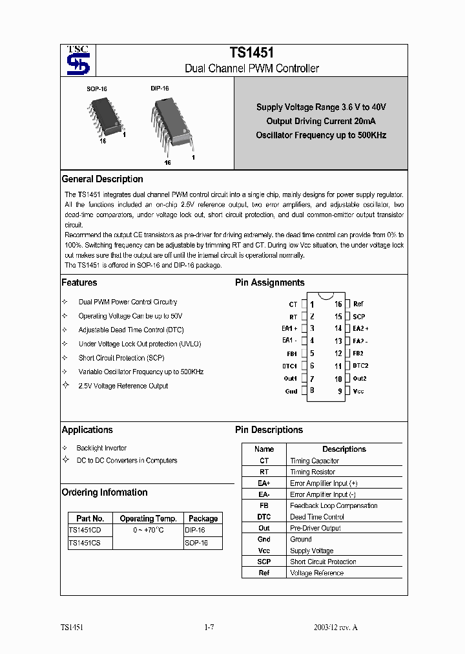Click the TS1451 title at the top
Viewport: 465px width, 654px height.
click(x=251, y=54)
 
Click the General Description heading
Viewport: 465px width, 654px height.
click(x=102, y=179)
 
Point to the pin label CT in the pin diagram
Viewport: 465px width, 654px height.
click(x=293, y=304)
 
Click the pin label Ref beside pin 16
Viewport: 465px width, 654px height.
click(x=358, y=304)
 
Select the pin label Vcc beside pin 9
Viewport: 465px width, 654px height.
click(x=358, y=391)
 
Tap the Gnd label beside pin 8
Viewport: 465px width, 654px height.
click(x=291, y=391)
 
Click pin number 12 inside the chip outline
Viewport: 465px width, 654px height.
click(x=338, y=353)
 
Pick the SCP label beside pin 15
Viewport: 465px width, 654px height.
click(x=358, y=317)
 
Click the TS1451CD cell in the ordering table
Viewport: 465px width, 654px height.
click(x=81, y=530)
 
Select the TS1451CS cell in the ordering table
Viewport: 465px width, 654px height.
click(x=81, y=543)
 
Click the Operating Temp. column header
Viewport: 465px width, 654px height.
click(x=148, y=518)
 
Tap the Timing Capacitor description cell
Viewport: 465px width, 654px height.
click(x=315, y=461)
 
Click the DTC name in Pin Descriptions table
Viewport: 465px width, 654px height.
click(x=263, y=517)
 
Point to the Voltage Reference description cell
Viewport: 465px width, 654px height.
click(x=316, y=573)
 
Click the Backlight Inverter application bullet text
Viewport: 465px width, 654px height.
click(x=101, y=448)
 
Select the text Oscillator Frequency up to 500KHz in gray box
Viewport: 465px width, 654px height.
click(x=321, y=135)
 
